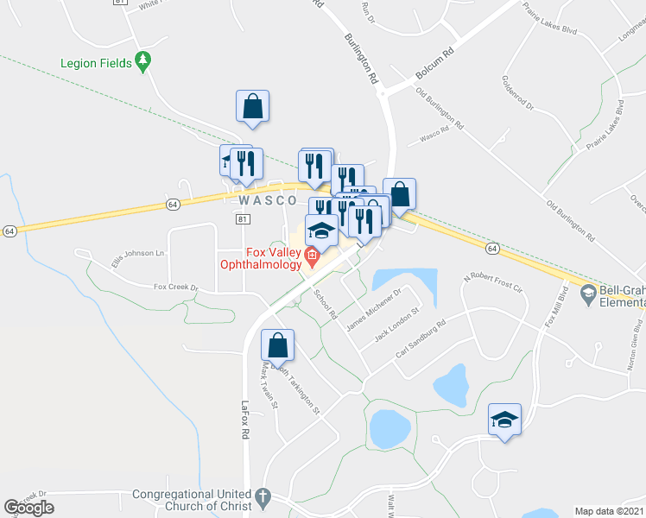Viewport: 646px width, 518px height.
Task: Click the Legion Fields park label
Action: (96, 63)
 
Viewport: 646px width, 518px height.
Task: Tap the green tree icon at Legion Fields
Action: (144, 62)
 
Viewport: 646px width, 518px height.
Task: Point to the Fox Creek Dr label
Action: (176, 287)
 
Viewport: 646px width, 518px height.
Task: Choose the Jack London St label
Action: (396, 325)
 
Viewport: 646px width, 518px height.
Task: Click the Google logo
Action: (28, 507)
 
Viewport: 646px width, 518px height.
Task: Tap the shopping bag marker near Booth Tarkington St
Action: (278, 344)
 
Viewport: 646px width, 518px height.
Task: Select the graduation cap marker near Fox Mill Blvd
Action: (505, 420)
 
